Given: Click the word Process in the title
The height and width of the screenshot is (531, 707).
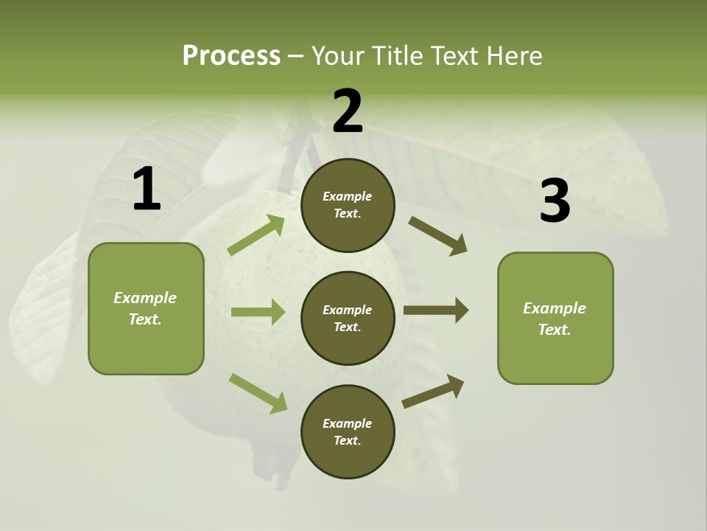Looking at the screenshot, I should [x=231, y=56].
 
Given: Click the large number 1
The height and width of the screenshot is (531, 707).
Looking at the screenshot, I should [x=147, y=190].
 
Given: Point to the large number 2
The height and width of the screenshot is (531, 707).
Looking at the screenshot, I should [x=348, y=111].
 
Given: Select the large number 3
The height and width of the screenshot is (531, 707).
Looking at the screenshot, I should [x=555, y=201].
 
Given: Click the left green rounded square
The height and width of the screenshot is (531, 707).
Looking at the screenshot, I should [x=146, y=308].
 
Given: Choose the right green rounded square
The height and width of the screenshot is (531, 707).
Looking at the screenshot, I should [x=555, y=318].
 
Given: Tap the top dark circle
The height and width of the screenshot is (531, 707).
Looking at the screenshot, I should [x=348, y=205].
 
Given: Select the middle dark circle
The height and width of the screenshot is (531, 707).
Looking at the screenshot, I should [x=348, y=318].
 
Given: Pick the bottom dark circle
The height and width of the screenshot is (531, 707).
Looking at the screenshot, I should [x=348, y=431].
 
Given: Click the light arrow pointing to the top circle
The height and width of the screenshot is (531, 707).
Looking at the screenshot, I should [x=256, y=235].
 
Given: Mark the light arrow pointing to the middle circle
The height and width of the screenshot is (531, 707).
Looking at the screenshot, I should [x=258, y=312].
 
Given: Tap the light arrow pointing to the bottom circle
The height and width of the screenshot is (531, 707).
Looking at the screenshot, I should [x=258, y=393].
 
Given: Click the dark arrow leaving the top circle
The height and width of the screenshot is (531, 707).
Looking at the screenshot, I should [x=437, y=236].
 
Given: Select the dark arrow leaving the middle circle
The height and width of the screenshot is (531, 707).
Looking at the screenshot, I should [x=436, y=310].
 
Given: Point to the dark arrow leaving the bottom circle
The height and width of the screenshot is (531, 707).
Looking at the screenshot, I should [x=433, y=391].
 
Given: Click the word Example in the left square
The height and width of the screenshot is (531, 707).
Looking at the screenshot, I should [x=145, y=298].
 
